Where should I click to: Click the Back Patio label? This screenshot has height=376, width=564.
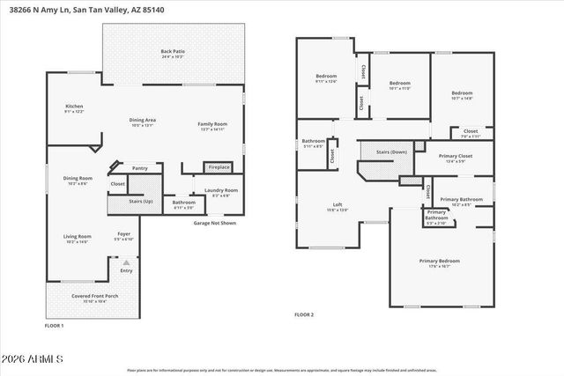click(171, 54)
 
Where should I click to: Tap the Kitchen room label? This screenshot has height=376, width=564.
click(74, 108)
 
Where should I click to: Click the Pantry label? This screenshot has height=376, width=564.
click(139, 167)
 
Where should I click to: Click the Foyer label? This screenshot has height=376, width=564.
click(124, 236)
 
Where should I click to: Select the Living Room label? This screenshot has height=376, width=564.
click(77, 238)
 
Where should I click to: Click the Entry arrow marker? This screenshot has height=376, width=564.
click(126, 262)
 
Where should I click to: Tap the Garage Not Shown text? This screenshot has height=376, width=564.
click(215, 224)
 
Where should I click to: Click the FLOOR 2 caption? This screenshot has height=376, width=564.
click(305, 314)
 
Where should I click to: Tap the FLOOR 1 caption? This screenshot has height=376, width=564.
click(55, 327)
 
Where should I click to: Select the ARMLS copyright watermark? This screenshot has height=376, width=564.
click(34, 358)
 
